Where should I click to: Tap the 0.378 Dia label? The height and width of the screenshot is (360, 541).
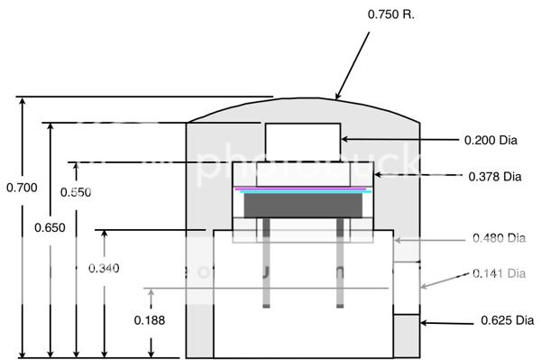(495, 176)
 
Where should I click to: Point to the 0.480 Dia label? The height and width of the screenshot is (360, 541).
(499, 239)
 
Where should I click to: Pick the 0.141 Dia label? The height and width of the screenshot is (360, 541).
(500, 273)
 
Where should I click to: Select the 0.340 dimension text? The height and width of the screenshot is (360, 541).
(104, 268)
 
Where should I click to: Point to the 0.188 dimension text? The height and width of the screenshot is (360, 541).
(149, 319)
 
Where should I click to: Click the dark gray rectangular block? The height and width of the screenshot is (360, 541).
(303, 206)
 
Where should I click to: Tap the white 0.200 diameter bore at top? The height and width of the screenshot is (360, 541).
(301, 141)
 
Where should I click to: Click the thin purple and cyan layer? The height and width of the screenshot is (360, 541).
(303, 189)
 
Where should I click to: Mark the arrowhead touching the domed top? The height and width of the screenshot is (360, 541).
(337, 96)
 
